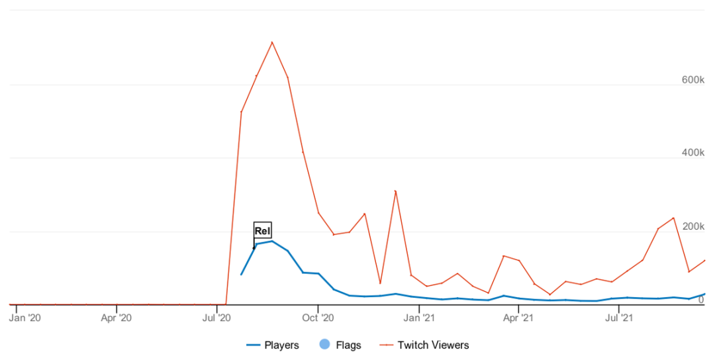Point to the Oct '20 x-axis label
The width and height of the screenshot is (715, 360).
(x=318, y=318)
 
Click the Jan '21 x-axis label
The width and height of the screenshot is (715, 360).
(x=419, y=318)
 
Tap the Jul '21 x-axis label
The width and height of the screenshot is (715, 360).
(x=618, y=318)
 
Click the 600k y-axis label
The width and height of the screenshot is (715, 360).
(x=692, y=79)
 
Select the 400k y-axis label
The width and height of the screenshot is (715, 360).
(x=692, y=153)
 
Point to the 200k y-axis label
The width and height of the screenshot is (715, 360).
(x=692, y=226)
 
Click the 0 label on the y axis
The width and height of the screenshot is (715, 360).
(x=700, y=300)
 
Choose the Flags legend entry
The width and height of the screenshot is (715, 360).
(x=348, y=345)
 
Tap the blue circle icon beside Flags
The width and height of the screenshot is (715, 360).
(x=324, y=345)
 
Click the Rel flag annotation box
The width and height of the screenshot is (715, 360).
(x=263, y=230)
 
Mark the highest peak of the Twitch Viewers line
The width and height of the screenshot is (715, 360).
(x=272, y=42)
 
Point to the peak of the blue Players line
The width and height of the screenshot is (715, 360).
(x=272, y=241)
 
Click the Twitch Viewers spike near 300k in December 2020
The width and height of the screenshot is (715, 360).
(x=395, y=191)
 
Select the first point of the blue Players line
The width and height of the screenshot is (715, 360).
(x=241, y=274)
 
